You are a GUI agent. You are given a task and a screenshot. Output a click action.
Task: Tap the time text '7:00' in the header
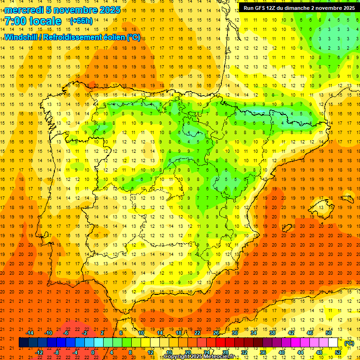(x=15, y=21)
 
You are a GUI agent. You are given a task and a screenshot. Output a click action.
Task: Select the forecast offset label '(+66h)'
(x=81, y=21)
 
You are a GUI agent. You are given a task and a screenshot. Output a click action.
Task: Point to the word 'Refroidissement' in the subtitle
(x=77, y=37)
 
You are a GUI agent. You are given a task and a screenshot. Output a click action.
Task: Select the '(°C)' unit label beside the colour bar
(x=349, y=343)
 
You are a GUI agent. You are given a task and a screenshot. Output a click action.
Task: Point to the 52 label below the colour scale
(x=338, y=352)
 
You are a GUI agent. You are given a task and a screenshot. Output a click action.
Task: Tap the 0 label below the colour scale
(x=93, y=352)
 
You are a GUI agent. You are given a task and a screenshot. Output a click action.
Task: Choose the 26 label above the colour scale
(x=216, y=333)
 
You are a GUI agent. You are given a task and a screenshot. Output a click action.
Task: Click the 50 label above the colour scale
(x=328, y=333)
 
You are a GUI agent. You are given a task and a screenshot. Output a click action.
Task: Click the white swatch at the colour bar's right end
(x=333, y=343)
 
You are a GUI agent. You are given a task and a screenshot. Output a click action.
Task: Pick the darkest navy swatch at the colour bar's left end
(x=23, y=343)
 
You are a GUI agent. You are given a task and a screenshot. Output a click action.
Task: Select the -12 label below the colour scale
(x=39, y=352)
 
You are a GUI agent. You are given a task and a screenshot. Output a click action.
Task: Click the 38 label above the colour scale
(x=272, y=333)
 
